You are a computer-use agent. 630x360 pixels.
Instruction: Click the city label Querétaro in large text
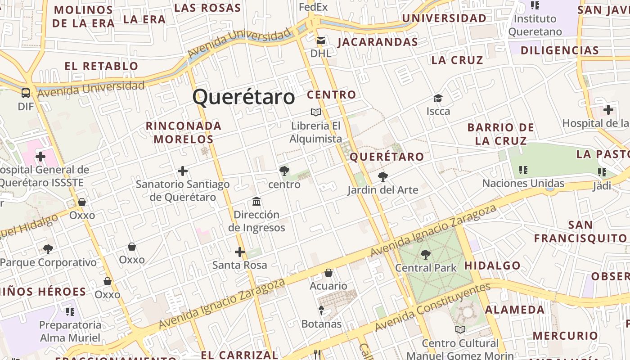(x=243, y=97)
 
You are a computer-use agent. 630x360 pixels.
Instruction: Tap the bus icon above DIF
(x=26, y=93)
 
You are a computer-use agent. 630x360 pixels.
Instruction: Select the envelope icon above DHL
(x=320, y=41)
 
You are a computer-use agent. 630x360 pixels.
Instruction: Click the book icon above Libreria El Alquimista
(x=316, y=112)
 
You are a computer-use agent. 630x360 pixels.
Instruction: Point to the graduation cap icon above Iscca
(x=438, y=98)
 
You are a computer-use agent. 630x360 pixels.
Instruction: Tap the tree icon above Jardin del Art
(x=382, y=177)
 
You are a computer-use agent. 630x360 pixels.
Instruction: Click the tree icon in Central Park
(x=425, y=255)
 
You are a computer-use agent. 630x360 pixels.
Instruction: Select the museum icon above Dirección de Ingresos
(x=256, y=201)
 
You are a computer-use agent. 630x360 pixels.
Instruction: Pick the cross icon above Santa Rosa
(x=240, y=252)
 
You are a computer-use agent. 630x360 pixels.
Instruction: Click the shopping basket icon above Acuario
(x=328, y=273)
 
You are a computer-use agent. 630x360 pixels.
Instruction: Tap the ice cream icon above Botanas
(x=321, y=310)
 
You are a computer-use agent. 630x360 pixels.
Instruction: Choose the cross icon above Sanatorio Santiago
(x=182, y=171)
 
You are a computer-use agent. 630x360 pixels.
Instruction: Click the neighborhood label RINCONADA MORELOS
(x=184, y=132)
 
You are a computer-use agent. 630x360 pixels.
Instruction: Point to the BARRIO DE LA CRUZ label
(x=500, y=134)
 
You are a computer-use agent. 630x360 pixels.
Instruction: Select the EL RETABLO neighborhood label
(x=102, y=66)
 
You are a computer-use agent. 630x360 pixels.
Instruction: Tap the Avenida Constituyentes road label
(x=432, y=307)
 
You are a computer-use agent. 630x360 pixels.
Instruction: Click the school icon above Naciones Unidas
(x=523, y=170)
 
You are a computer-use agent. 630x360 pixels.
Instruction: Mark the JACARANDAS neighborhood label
(x=378, y=42)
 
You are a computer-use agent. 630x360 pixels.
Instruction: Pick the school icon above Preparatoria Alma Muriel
(x=70, y=311)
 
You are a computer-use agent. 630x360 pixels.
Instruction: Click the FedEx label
(x=313, y=7)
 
